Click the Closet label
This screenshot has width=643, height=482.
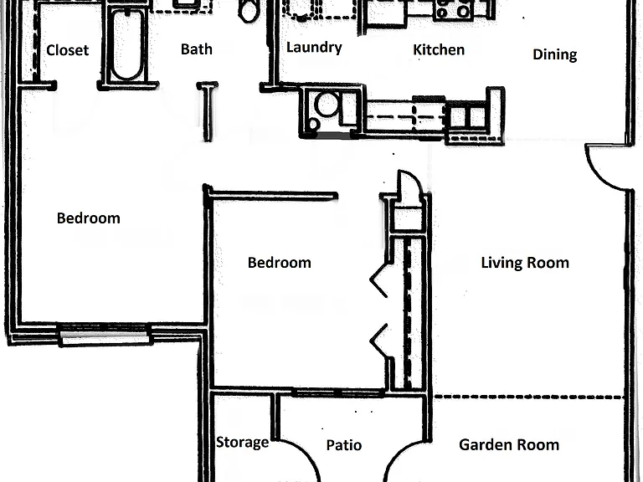[x=67, y=50]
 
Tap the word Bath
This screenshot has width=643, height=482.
[x=197, y=49]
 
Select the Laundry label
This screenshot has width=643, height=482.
[x=314, y=48]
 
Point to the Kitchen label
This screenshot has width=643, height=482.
[x=439, y=49]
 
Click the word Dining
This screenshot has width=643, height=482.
[x=555, y=54]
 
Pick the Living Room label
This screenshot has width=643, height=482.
[x=525, y=262]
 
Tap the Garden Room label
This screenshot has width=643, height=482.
[x=509, y=444]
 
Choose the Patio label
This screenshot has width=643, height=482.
[x=343, y=444]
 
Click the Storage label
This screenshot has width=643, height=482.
[x=242, y=442]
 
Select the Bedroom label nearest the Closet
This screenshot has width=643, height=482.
[x=89, y=218]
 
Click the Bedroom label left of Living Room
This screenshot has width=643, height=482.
[x=280, y=262]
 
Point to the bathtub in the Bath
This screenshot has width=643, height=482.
[x=127, y=44]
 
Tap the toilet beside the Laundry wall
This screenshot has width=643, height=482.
[x=248, y=10]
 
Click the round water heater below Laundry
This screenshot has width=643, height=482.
[x=327, y=104]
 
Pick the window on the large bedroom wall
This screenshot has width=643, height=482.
[x=105, y=335]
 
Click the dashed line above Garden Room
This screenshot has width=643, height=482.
[x=529, y=397]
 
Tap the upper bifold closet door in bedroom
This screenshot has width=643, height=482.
[x=379, y=281]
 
